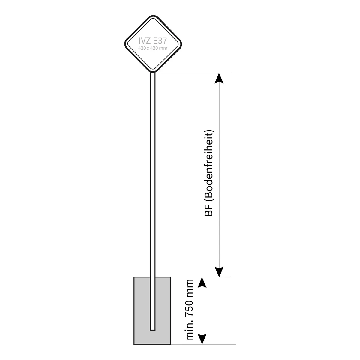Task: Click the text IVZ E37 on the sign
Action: (x=153, y=40)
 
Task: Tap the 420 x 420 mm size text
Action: (x=153, y=48)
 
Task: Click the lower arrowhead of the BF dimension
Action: (x=219, y=272)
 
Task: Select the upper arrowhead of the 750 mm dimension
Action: (x=202, y=283)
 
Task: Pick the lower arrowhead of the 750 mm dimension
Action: (x=202, y=339)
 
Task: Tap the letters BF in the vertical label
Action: (x=209, y=211)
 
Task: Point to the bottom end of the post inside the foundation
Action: (x=153, y=330)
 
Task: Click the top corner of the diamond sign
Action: (x=153, y=15)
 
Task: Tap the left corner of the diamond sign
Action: (x=124, y=44)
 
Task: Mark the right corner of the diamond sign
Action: (x=181, y=44)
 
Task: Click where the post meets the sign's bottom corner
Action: (x=153, y=72)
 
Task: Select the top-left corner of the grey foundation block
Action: (x=134, y=277)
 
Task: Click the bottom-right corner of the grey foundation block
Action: (x=171, y=344)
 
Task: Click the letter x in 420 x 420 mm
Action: (x=148, y=49)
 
